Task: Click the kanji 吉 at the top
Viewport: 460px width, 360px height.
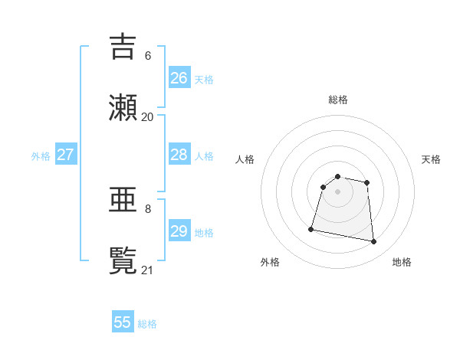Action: [x=123, y=47]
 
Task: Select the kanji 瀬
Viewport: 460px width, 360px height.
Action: [x=123, y=107]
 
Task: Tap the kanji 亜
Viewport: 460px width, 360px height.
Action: [x=123, y=200]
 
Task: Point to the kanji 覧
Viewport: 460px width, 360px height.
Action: [x=123, y=260]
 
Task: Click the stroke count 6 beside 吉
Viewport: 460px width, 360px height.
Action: [x=148, y=56]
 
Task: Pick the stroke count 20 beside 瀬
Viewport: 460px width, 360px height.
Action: [x=148, y=117]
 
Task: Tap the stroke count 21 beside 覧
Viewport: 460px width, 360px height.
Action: [x=148, y=270]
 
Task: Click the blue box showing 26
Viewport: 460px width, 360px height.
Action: [x=179, y=78]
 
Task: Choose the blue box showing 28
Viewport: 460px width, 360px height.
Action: [x=179, y=155]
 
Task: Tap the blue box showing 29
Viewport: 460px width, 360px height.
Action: [x=179, y=231]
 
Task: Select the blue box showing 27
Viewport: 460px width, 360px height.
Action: [x=66, y=155]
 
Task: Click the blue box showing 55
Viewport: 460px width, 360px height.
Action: [x=123, y=322]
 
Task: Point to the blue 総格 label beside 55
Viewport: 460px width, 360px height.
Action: [x=147, y=324]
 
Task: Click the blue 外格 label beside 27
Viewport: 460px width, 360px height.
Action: [x=41, y=156]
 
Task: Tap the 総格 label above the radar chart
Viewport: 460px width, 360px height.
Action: [x=338, y=100]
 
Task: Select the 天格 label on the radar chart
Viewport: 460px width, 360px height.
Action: [x=431, y=159]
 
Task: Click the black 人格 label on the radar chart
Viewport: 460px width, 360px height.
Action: [x=245, y=159]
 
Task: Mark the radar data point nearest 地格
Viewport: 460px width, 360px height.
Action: [x=374, y=242]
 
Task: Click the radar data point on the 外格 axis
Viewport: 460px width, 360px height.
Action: [x=311, y=228]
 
